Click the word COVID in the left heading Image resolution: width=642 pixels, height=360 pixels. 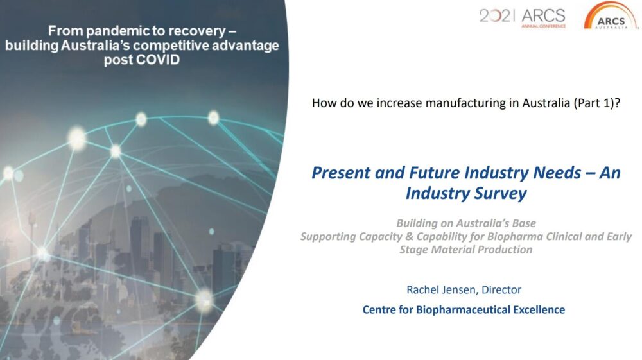tap(158, 60)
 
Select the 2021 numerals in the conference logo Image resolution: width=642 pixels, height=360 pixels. tap(496, 15)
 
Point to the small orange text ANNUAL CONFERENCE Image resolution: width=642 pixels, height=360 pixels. tap(543, 26)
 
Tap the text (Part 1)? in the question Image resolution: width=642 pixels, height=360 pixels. tap(596, 103)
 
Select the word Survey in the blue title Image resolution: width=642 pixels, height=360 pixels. tap(501, 194)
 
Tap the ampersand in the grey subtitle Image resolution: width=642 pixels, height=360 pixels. tap(409, 236)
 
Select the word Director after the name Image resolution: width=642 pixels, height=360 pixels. tap(501, 289)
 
